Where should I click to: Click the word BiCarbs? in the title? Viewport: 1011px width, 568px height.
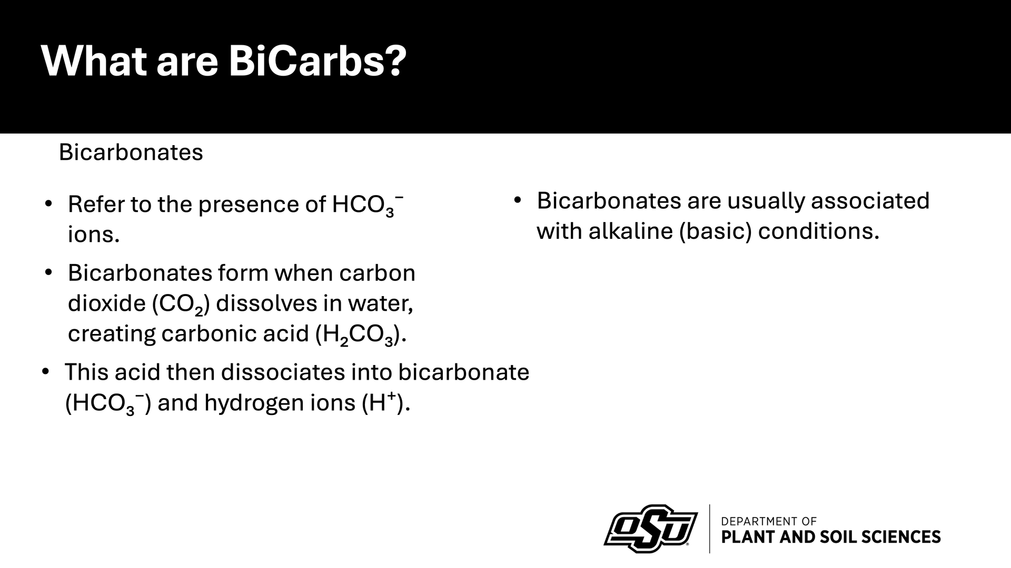click(x=318, y=61)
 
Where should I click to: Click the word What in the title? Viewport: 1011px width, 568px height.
click(x=94, y=61)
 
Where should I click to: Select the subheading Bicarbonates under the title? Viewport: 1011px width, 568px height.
click(x=131, y=153)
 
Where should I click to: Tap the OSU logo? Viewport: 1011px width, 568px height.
click(x=651, y=529)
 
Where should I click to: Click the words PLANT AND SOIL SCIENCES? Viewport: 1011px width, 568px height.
click(x=830, y=537)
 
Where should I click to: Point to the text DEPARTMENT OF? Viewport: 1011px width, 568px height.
click(x=768, y=521)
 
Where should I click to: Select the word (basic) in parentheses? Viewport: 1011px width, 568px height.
click(x=716, y=231)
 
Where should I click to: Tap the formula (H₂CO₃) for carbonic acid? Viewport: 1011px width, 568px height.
click(x=360, y=334)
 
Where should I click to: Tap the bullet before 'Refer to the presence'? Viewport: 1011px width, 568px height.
click(x=48, y=204)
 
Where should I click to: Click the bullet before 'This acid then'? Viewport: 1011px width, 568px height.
click(x=45, y=371)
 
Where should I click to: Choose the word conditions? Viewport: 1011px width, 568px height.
click(x=818, y=231)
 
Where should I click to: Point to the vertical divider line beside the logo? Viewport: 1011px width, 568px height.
click(x=710, y=529)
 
